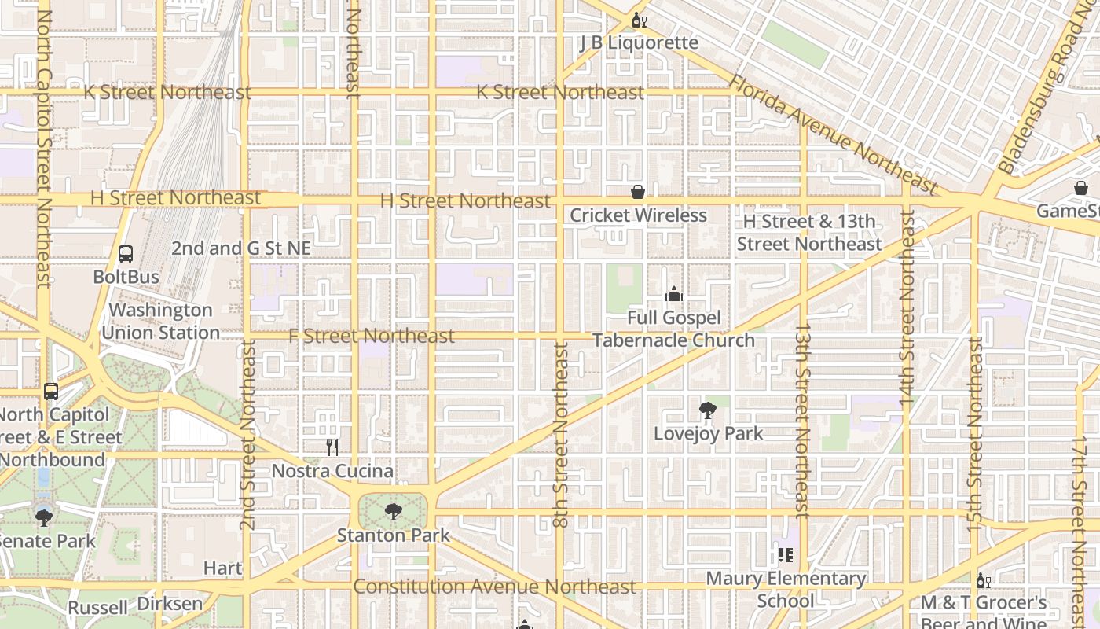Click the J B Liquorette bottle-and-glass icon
tap(639, 20)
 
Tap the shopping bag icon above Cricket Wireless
tap(638, 192)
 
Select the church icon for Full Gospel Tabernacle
tap(673, 295)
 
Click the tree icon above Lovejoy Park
tap(707, 410)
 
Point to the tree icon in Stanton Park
tap(394, 512)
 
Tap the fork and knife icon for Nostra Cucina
tap(332, 447)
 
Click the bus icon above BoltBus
tap(126, 254)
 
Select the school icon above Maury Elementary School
tap(785, 555)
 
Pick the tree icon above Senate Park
tap(44, 517)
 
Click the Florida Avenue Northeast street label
tap(833, 135)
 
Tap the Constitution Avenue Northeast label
tap(494, 587)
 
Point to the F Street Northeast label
tap(371, 336)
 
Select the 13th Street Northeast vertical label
tap(803, 421)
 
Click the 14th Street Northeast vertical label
tap(907, 308)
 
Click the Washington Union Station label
tap(160, 321)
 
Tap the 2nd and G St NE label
tap(241, 248)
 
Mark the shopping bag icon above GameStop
tap(1081, 189)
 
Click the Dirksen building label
tap(170, 604)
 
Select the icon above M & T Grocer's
tap(982, 581)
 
